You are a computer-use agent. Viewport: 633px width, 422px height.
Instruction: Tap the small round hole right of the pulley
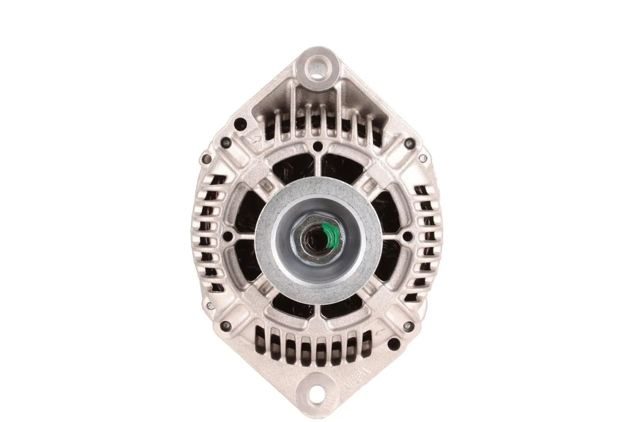click(407, 236)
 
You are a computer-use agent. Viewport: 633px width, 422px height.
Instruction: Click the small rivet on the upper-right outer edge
click(422, 158)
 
